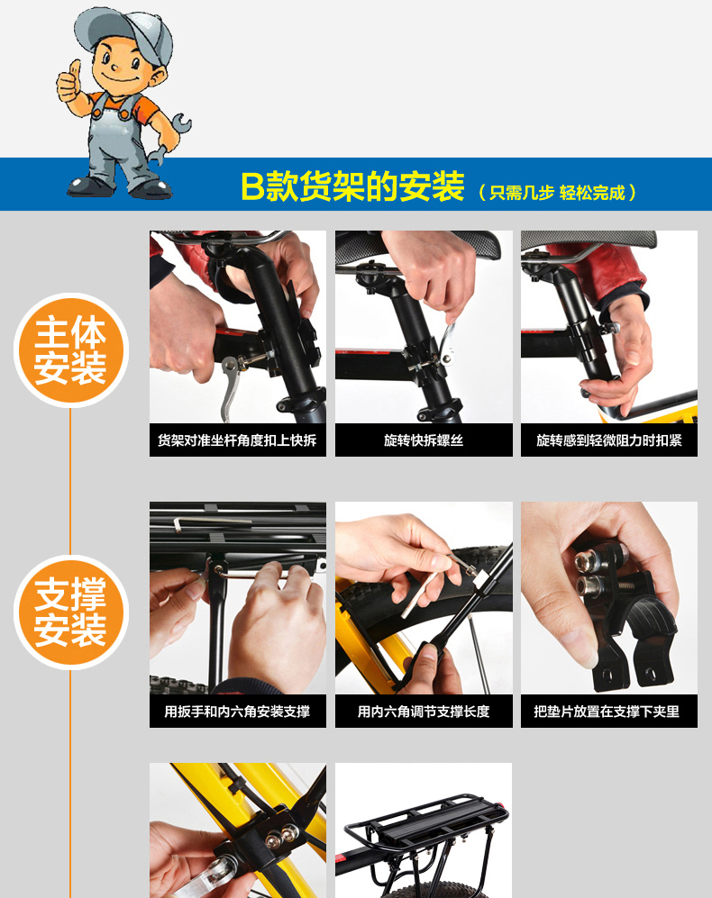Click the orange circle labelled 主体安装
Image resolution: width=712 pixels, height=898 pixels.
[71, 349]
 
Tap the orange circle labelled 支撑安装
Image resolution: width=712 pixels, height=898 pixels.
[71, 612]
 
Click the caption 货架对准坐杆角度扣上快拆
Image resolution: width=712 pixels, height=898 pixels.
[237, 440]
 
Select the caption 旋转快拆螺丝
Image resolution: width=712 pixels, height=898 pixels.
[424, 440]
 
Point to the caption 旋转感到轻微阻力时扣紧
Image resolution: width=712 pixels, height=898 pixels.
[609, 440]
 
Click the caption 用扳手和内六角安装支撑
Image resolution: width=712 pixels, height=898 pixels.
[237, 712]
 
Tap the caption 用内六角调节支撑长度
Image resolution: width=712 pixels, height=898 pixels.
[424, 712]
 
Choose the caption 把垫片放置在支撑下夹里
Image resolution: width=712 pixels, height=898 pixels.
[607, 712]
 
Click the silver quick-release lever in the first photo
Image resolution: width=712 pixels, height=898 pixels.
[232, 385]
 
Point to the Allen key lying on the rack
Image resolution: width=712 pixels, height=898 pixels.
[211, 522]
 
